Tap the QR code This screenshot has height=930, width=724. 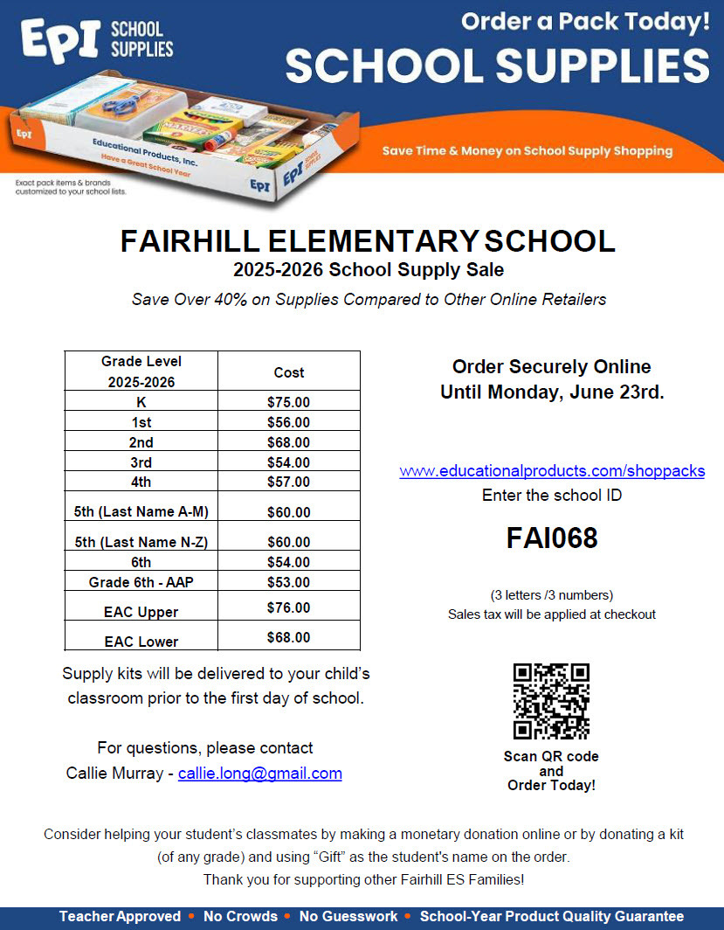551,701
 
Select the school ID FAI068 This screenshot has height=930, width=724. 552,538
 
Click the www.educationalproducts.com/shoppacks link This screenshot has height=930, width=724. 552,471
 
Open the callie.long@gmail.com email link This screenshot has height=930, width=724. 259,774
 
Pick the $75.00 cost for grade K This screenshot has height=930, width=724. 288,402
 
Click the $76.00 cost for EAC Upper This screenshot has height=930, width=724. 288,607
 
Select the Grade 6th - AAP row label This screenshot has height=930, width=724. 141,582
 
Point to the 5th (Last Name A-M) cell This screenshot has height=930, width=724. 141,512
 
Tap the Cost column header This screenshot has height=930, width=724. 288,372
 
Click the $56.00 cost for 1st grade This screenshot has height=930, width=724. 288,422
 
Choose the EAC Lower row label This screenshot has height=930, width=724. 141,642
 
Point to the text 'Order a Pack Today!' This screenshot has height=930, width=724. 585,23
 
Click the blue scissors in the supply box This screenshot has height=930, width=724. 121,108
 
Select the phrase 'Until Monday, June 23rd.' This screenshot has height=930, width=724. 552,393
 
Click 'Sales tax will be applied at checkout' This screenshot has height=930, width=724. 552,614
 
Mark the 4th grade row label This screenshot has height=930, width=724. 141,482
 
